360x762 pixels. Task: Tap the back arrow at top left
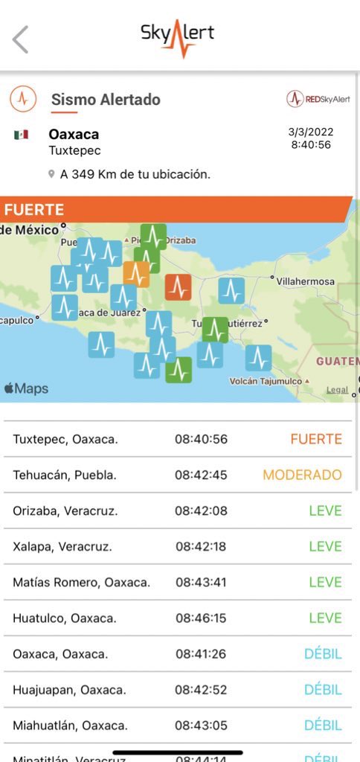[21, 39]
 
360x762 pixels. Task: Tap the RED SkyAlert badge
[318, 98]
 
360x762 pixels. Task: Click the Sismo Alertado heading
[105, 99]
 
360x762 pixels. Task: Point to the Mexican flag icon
[21, 135]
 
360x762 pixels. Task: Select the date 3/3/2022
[310, 132]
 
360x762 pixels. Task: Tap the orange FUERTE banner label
[34, 210]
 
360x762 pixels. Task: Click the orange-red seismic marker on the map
[178, 286]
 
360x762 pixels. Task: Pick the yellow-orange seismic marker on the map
[136, 274]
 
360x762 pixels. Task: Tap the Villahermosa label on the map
[305, 282]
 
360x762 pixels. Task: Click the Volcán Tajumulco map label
[266, 382]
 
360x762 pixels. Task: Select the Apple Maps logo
[26, 388]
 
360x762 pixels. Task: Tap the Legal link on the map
[337, 390]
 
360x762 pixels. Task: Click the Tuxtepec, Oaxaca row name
[65, 439]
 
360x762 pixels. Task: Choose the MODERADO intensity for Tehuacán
[302, 475]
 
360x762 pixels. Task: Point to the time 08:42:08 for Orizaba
[201, 510]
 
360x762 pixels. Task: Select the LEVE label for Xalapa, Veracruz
[325, 546]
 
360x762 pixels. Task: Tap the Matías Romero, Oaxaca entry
[81, 582]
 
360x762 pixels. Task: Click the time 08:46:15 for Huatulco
[201, 618]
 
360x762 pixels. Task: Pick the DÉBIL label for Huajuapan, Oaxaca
[323, 689]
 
